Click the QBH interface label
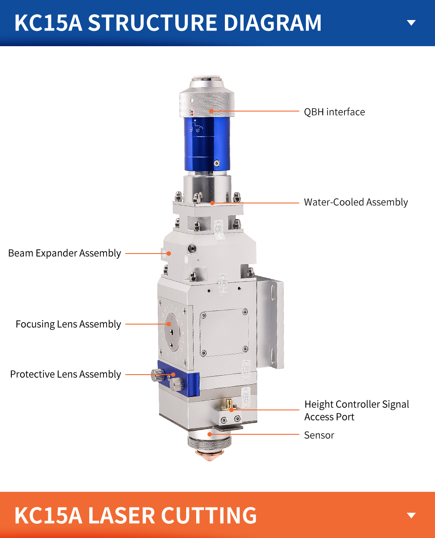click(334, 112)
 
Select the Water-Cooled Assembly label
click(355, 202)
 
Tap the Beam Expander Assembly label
click(64, 254)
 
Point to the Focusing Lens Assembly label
click(68, 324)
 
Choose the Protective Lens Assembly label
click(66, 374)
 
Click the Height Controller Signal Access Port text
click(357, 410)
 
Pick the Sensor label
click(319, 435)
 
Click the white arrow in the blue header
click(412, 23)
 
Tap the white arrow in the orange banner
click(412, 515)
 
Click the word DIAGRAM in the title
click(272, 23)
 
